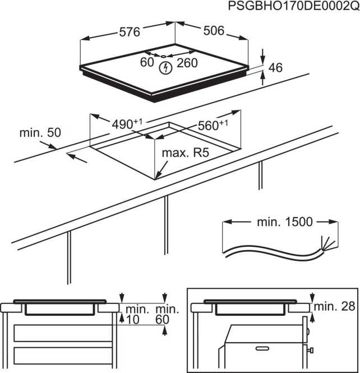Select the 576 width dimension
pyautogui.click(x=130, y=32)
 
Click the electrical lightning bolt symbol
pyautogui.click(x=165, y=69)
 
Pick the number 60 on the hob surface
pyautogui.click(x=147, y=62)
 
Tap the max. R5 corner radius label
pyautogui.click(x=186, y=153)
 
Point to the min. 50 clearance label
pyautogui.click(x=40, y=133)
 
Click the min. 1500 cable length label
pyautogui.click(x=284, y=222)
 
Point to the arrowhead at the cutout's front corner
pyautogui.click(x=158, y=176)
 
